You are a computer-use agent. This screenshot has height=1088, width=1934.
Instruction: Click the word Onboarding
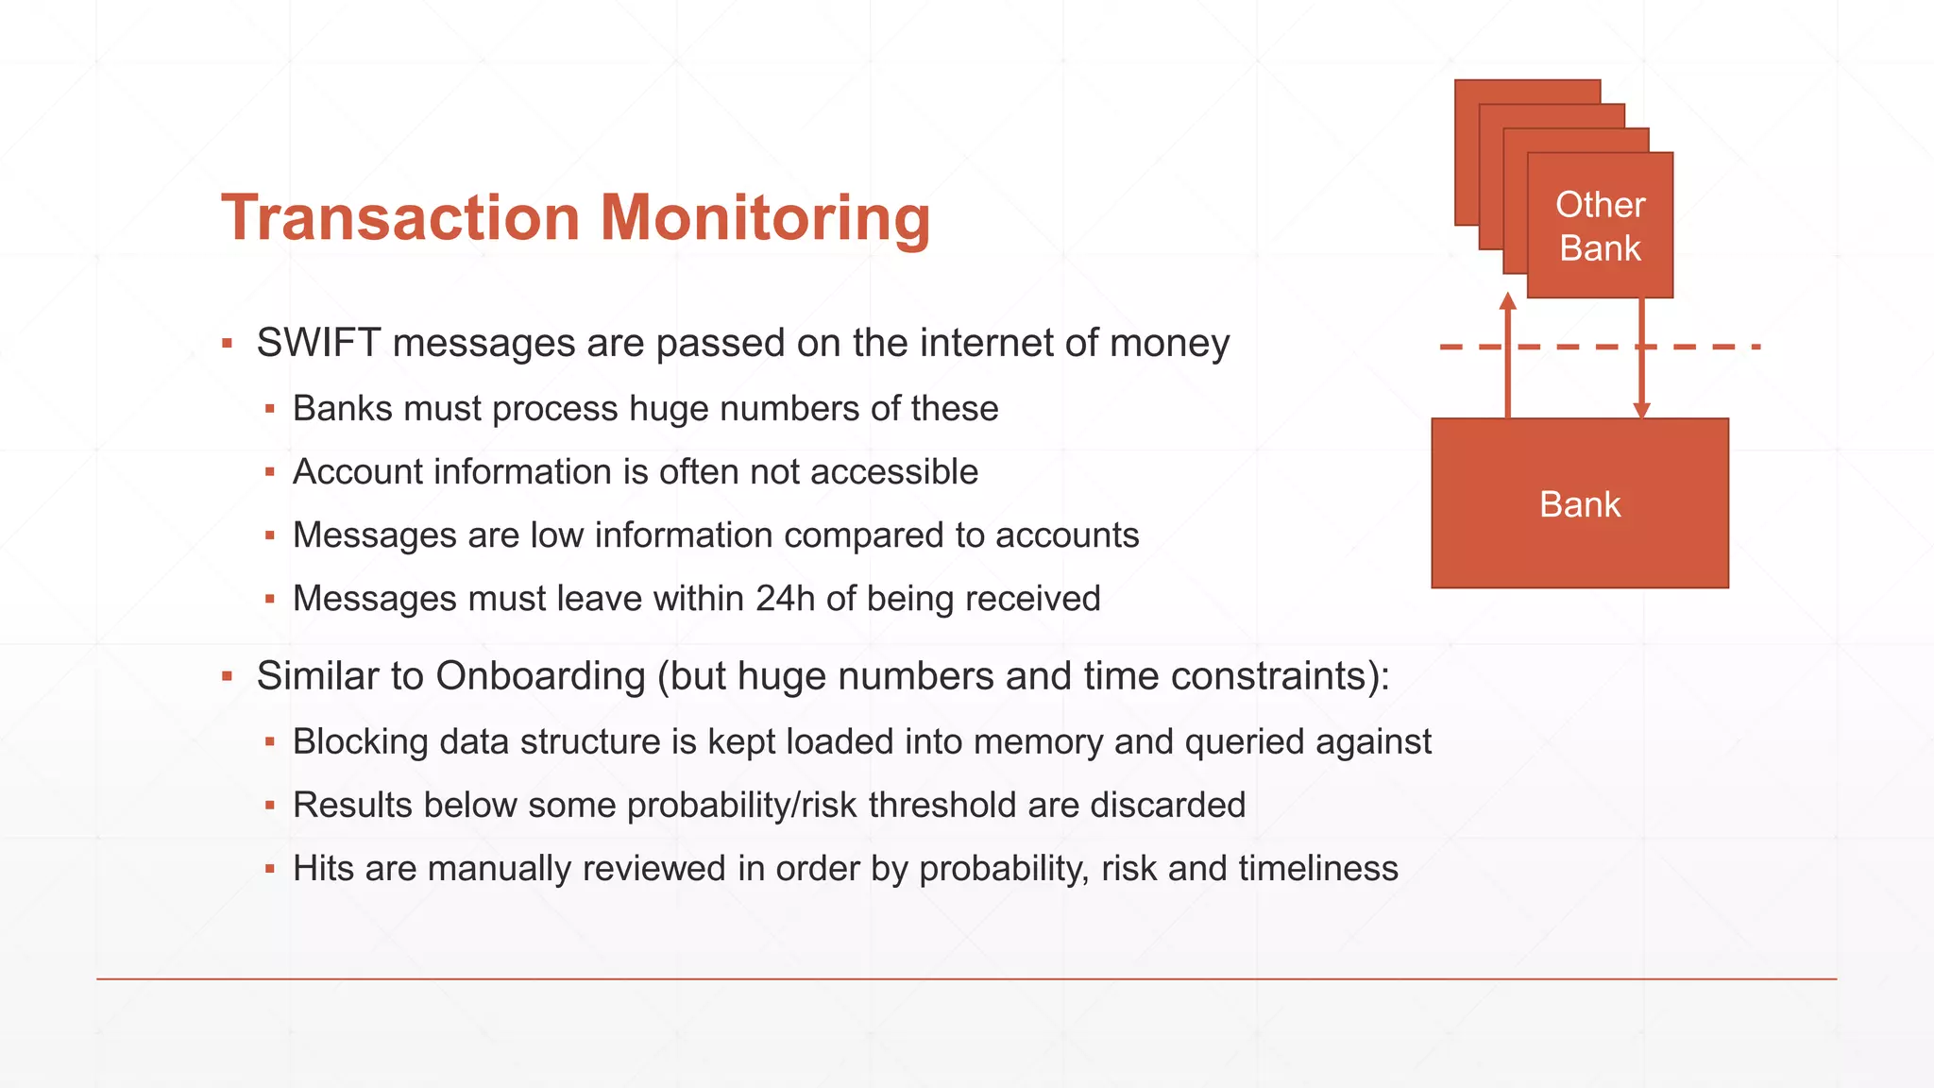point(540,676)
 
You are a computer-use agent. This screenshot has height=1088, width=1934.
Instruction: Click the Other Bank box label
point(1600,227)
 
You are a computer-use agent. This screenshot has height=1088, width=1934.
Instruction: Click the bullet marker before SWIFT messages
point(227,344)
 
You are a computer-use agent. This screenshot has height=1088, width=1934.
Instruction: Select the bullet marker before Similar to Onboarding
point(227,677)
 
